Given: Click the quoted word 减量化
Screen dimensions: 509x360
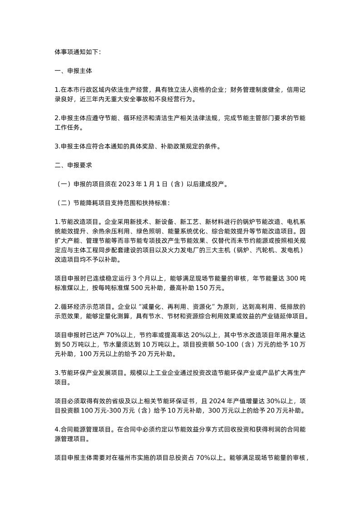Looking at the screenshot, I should click(167, 306).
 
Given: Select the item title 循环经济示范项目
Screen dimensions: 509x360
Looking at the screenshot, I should click(86, 306).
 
